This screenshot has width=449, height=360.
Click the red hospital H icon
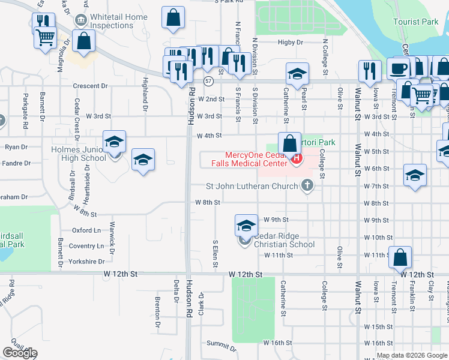pyautogui.click(x=295, y=158)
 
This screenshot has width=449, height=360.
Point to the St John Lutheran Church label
pyautogui.click(x=252, y=186)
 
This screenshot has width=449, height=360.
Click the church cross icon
pyautogui.click(x=307, y=185)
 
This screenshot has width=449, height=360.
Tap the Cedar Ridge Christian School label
pyautogui.click(x=284, y=240)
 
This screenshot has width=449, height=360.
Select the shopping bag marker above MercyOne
pyautogui.click(x=289, y=144)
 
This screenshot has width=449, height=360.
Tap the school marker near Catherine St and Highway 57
pyautogui.click(x=297, y=74)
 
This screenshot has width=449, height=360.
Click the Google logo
pyautogui.click(x=19, y=353)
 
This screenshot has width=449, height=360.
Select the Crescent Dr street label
pyautogui.click(x=90, y=86)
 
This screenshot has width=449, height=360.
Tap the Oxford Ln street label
pyautogui.click(x=86, y=230)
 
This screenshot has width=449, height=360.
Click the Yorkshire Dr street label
pyautogui.click(x=86, y=262)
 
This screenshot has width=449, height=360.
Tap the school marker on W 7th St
pyautogui.click(x=415, y=176)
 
